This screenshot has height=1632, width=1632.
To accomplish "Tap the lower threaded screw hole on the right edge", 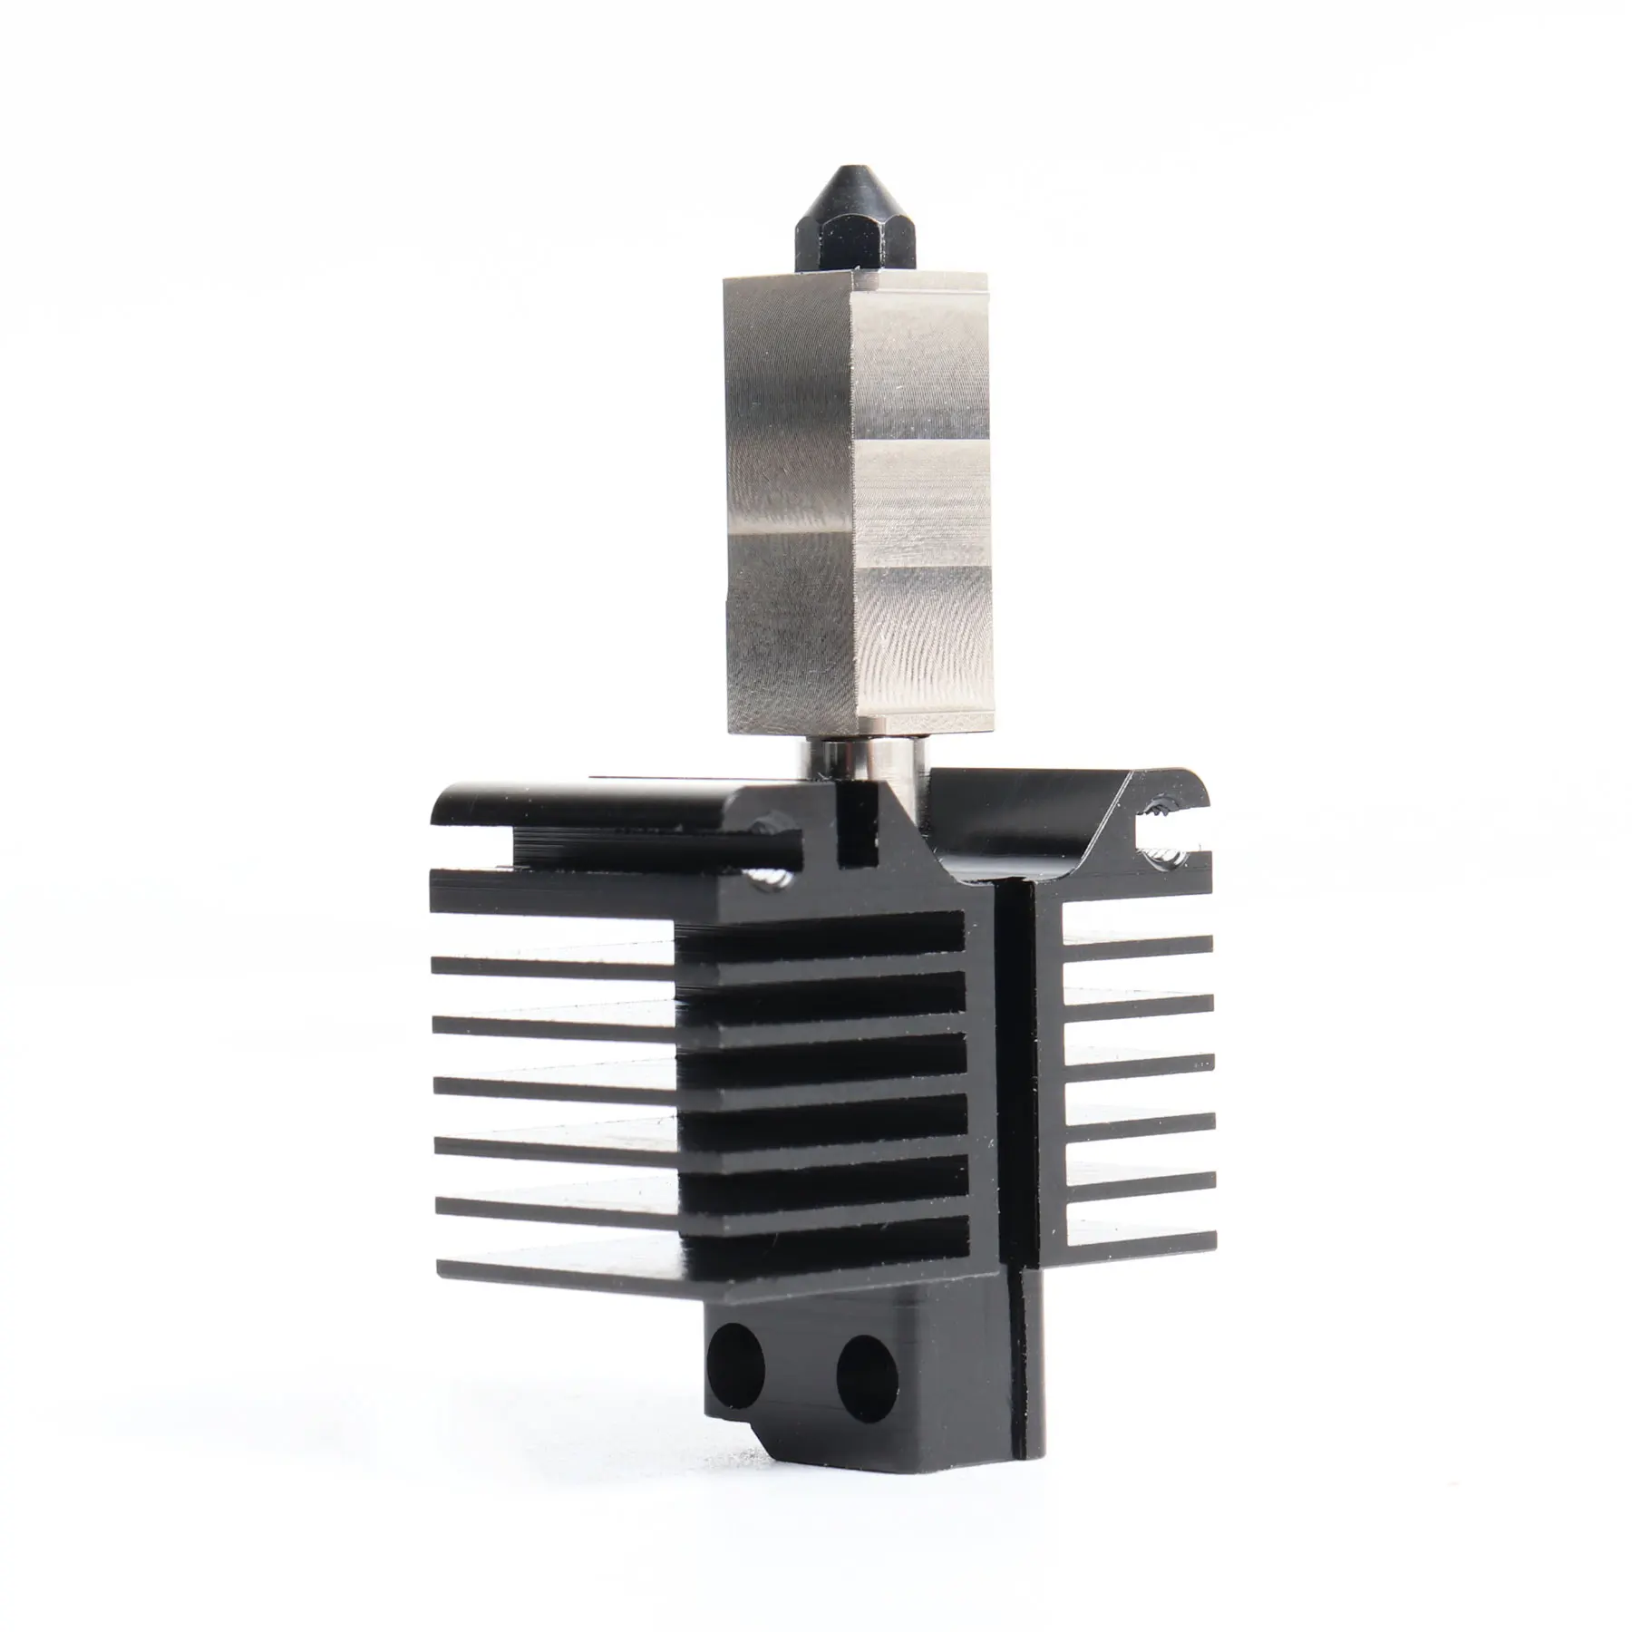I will [x=1163, y=855].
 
